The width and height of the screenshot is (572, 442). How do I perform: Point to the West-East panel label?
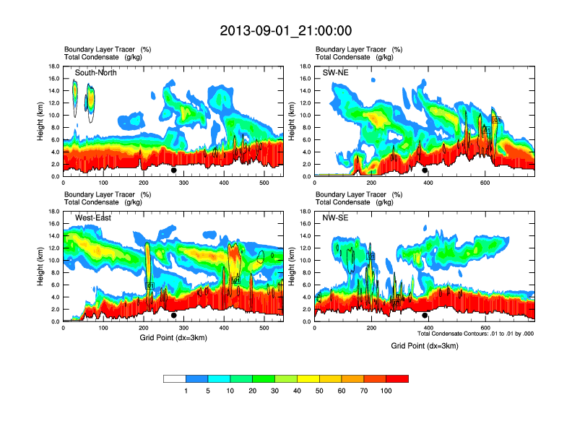(x=92, y=218)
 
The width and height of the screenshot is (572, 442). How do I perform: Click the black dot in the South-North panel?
(x=174, y=170)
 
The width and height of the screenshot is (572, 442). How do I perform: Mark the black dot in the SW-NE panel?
(x=425, y=170)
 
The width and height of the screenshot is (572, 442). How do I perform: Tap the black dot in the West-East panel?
(x=174, y=316)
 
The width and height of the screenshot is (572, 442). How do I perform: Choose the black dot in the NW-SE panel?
(x=425, y=316)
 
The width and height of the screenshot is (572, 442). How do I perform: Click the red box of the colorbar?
(x=397, y=378)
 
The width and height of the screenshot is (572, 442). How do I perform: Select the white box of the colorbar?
(x=175, y=378)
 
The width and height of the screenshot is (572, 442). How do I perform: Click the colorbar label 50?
(x=319, y=391)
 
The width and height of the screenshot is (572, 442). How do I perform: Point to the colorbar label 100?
(x=386, y=391)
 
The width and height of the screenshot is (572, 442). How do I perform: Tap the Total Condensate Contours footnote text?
(x=475, y=334)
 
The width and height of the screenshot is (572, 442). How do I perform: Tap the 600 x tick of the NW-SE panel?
(x=484, y=329)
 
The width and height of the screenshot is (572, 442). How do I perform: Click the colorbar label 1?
(x=186, y=391)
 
